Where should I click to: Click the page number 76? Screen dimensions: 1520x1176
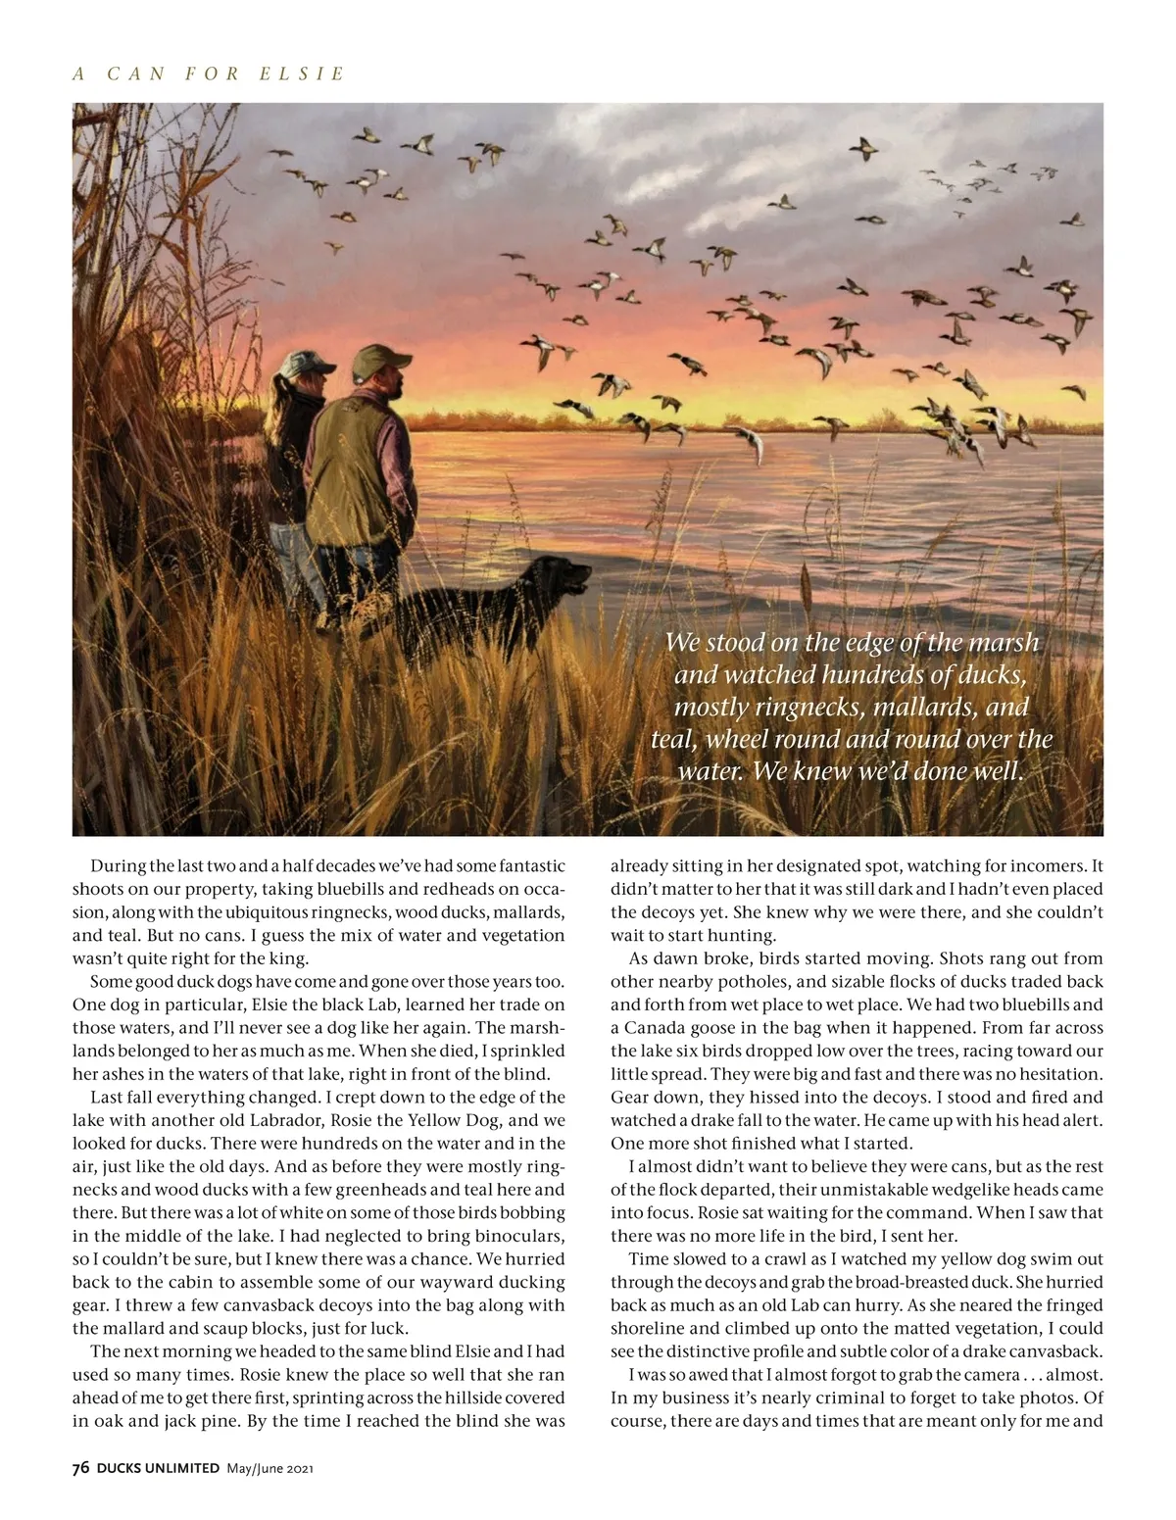[x=81, y=1467]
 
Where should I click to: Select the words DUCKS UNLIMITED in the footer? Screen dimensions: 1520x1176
[x=158, y=1467]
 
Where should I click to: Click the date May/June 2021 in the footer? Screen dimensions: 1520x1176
[x=269, y=1468]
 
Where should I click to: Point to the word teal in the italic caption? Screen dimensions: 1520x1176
[x=672, y=738]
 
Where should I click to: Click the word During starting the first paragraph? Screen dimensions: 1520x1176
[x=119, y=866]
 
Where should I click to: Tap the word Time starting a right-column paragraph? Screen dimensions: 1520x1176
[x=647, y=1258]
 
